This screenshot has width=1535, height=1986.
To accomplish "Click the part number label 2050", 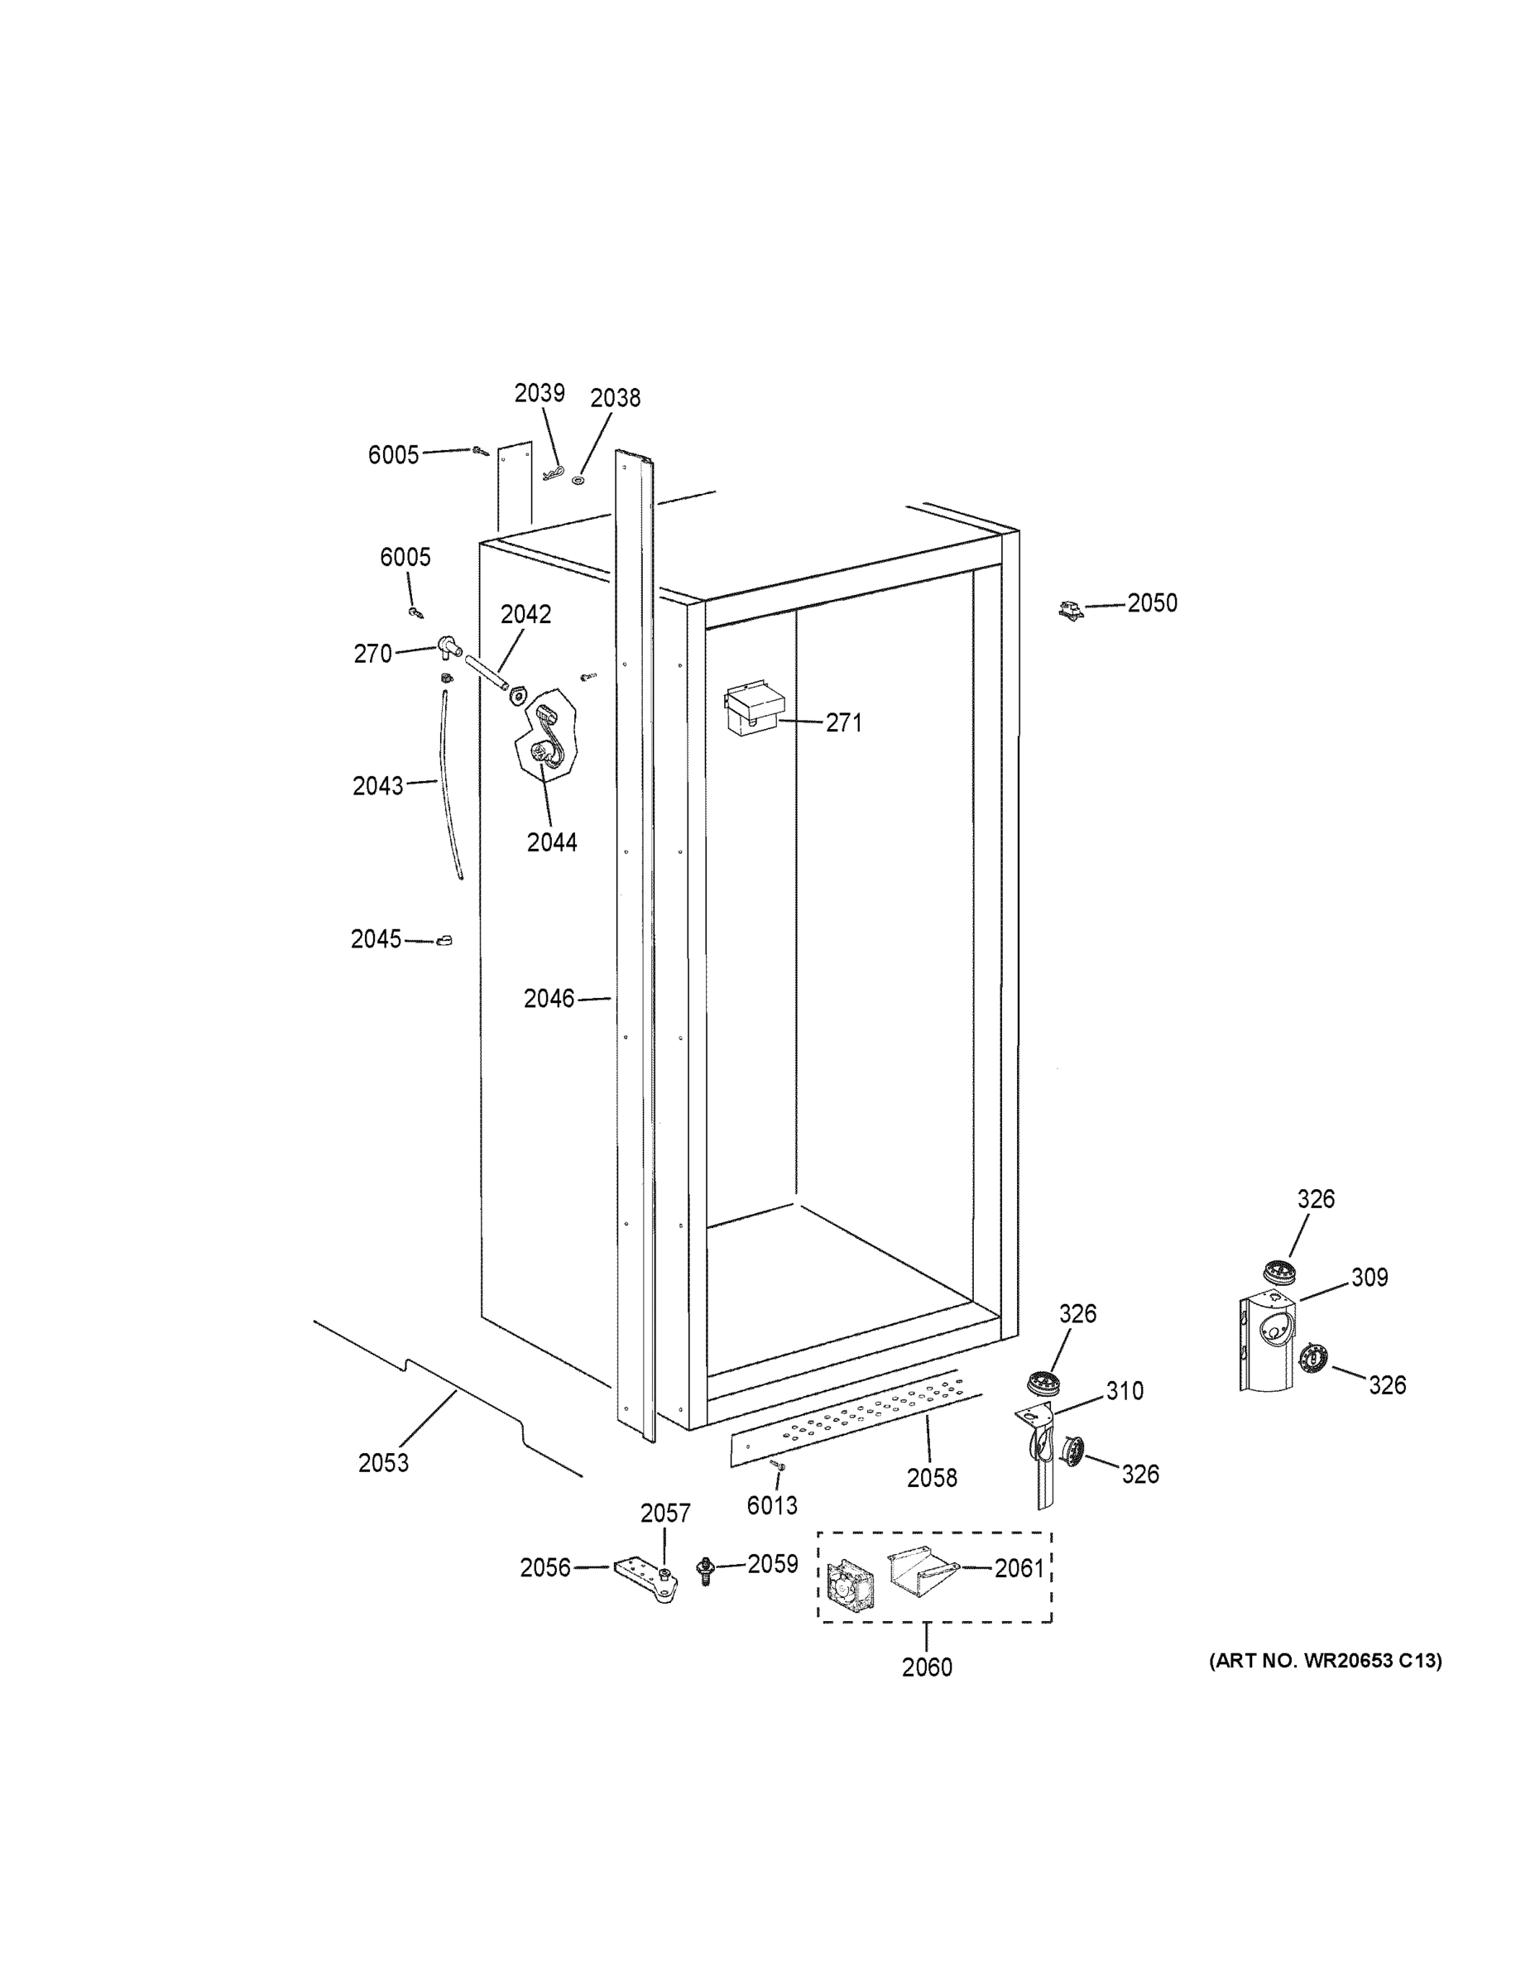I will (x=1151, y=604).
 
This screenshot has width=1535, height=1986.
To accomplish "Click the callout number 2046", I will (x=549, y=999).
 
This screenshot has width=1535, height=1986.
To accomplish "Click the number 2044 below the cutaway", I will (x=552, y=843).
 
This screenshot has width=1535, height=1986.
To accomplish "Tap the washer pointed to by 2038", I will (x=578, y=478).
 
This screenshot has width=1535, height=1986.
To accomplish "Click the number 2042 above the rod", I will (x=525, y=615).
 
